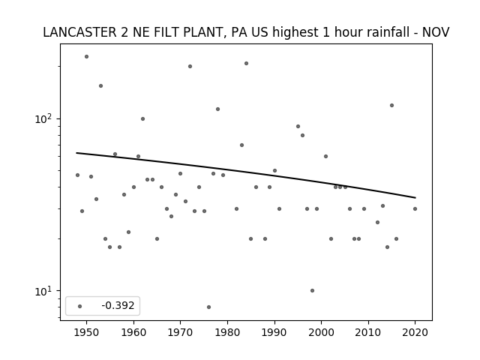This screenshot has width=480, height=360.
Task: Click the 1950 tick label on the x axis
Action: coord(87,332)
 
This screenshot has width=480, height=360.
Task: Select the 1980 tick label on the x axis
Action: coord(227,332)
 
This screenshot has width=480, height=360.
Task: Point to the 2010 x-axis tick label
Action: coord(368,332)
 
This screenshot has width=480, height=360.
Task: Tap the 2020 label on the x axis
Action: coord(415,332)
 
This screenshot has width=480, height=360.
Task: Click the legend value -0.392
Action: coord(118,305)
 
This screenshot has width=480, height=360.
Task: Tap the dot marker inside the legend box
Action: coord(80,306)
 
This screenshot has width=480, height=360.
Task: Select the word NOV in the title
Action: coord(436,32)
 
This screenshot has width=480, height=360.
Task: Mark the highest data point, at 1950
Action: coord(87,57)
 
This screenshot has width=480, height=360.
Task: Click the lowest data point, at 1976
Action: coord(208,307)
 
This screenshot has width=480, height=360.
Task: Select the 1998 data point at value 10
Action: coord(312,290)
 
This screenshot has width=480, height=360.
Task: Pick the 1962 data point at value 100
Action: coord(143,118)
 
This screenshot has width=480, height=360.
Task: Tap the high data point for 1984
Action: coord(247,63)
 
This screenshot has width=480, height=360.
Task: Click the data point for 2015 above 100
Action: coord(391,105)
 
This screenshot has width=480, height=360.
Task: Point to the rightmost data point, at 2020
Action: coord(415,208)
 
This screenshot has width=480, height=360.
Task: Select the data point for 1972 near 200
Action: coord(190,67)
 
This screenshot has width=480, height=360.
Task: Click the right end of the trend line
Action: coord(415,198)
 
